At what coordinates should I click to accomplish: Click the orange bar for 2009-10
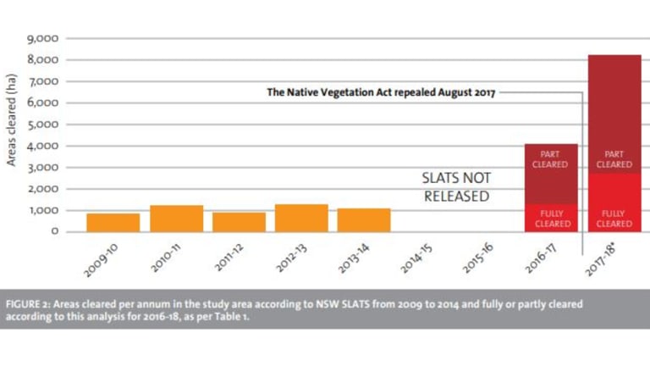click(x=113, y=222)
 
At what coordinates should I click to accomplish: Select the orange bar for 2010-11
click(x=176, y=218)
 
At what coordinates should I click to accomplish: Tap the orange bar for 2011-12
click(x=239, y=221)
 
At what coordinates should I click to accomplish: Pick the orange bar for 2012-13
click(x=301, y=217)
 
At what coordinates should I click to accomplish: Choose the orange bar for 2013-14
click(x=364, y=219)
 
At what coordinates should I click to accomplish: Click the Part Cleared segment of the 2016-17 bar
click(x=551, y=174)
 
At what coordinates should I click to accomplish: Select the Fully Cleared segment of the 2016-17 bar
click(x=551, y=218)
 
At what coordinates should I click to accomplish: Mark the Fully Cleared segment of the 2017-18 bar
click(x=614, y=203)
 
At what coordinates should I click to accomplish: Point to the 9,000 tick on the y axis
click(x=41, y=39)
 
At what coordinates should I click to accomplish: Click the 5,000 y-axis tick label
click(x=41, y=125)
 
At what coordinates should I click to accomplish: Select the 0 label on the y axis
click(x=53, y=231)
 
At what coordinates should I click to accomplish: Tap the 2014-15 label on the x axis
click(x=416, y=255)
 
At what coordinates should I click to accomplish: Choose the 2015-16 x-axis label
click(x=479, y=255)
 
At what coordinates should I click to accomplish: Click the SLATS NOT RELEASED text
click(x=455, y=187)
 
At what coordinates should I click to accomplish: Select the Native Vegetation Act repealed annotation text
click(x=381, y=92)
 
